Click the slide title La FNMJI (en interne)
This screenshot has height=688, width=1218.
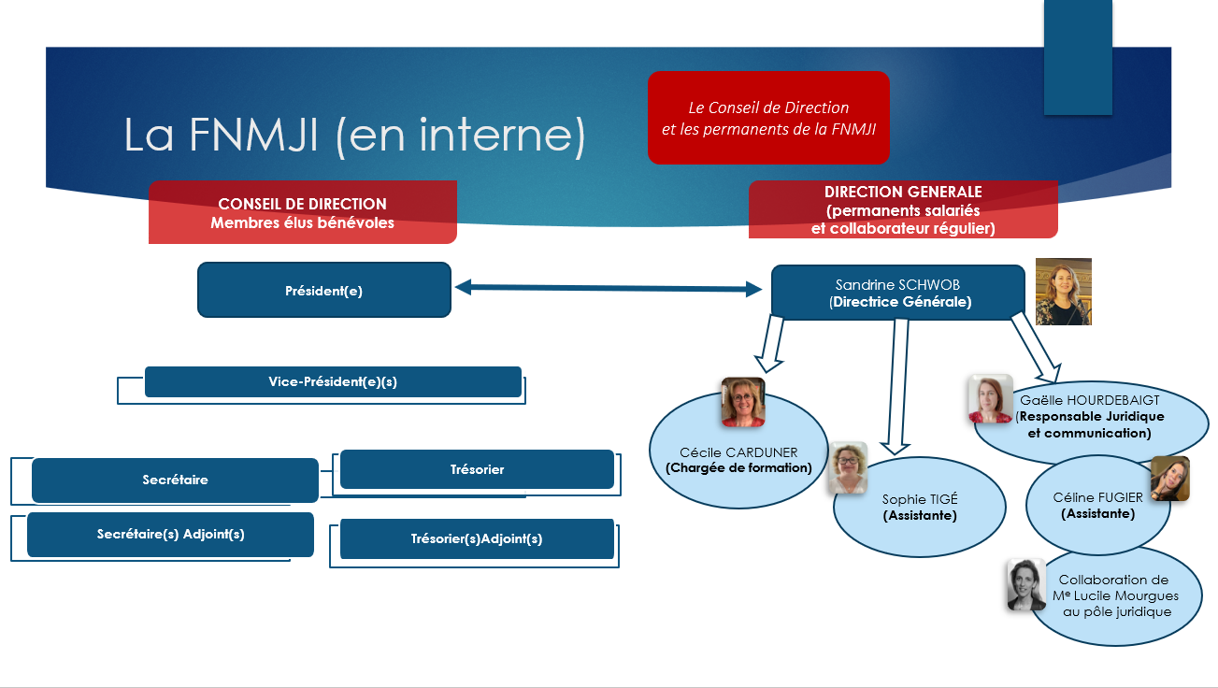click(x=354, y=136)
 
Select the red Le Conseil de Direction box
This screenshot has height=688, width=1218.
click(x=767, y=118)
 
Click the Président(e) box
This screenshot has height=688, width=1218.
click(x=323, y=291)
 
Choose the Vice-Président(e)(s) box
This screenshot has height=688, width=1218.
click(x=333, y=381)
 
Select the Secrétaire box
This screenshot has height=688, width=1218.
click(x=175, y=480)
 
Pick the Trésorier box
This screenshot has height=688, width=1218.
click(x=477, y=469)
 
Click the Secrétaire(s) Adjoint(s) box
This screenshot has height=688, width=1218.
click(x=170, y=535)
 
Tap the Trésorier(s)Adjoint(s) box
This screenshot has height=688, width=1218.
click(x=477, y=539)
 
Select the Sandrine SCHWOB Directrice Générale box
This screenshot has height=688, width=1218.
click(x=897, y=292)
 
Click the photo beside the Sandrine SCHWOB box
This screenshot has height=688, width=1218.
click(x=1063, y=292)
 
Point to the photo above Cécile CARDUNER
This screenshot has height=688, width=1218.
click(x=742, y=402)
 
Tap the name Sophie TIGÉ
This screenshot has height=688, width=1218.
click(x=920, y=499)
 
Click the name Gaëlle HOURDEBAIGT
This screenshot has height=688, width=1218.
click(x=1089, y=400)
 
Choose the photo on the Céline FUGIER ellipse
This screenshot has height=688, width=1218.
click(x=1168, y=479)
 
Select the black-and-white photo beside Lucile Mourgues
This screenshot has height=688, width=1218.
click(x=1025, y=584)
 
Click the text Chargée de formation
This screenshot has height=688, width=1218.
click(x=738, y=467)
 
